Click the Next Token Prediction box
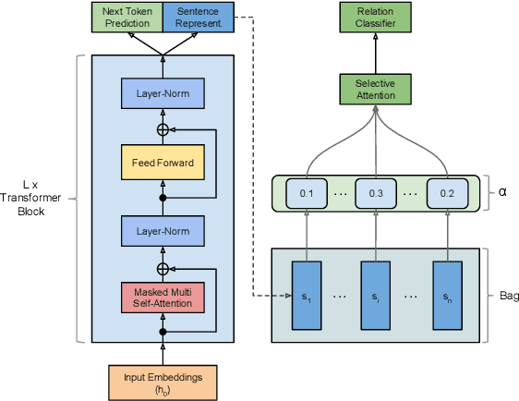point(127,16)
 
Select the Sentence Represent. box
point(197,16)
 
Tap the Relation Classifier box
point(375,16)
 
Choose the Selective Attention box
point(375,90)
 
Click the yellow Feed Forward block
point(163,163)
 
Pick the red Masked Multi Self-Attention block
point(163,297)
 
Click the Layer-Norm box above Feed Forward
point(163,93)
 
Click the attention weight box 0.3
point(376,194)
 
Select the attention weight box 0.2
point(446,194)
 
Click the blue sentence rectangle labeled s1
point(305,295)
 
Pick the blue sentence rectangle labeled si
point(375,295)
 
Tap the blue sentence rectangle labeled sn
point(446,295)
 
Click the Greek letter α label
point(501,194)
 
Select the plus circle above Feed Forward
point(163,128)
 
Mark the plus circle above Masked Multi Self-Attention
point(163,268)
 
